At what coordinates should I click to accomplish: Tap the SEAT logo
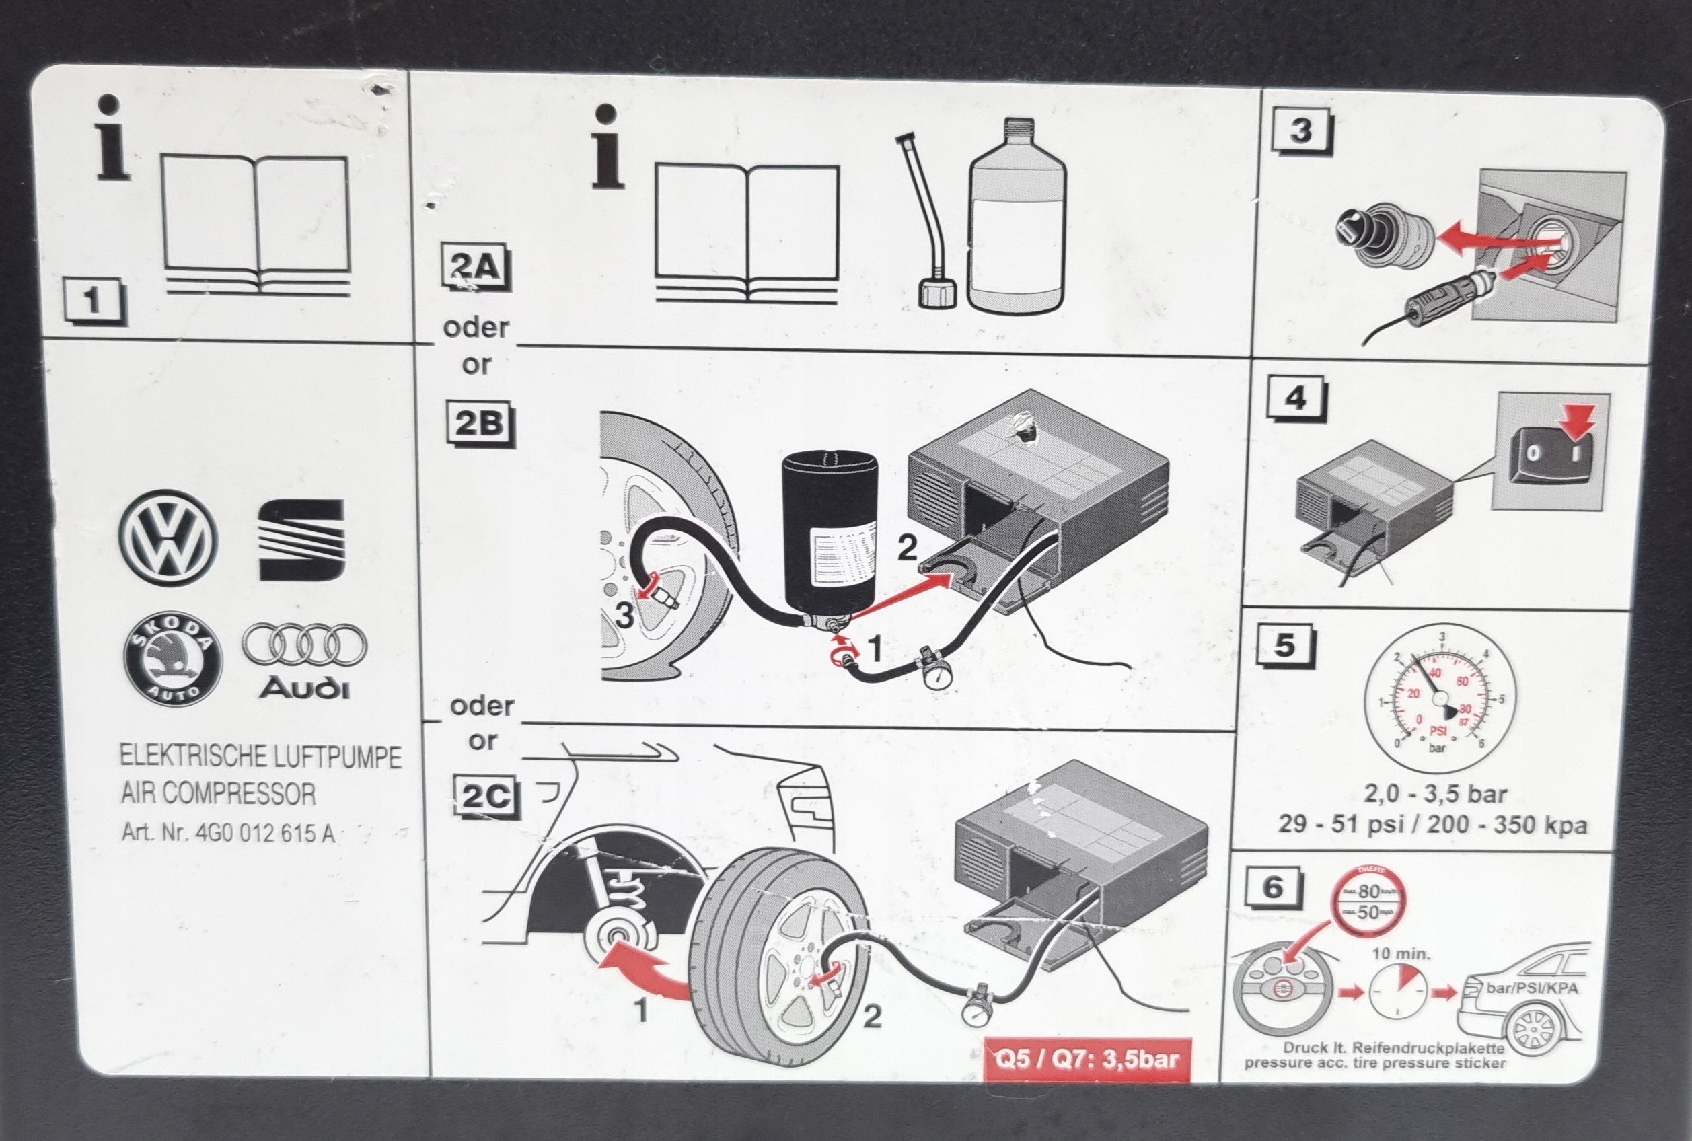[301, 539]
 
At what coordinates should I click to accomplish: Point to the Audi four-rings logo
[305, 645]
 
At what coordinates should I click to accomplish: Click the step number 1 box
[94, 301]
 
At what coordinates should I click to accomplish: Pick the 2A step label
[476, 268]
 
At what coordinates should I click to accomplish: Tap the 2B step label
[479, 425]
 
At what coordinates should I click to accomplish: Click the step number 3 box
[1300, 132]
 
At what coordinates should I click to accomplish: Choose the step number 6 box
[1273, 888]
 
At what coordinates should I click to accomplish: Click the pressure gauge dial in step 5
[1440, 696]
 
